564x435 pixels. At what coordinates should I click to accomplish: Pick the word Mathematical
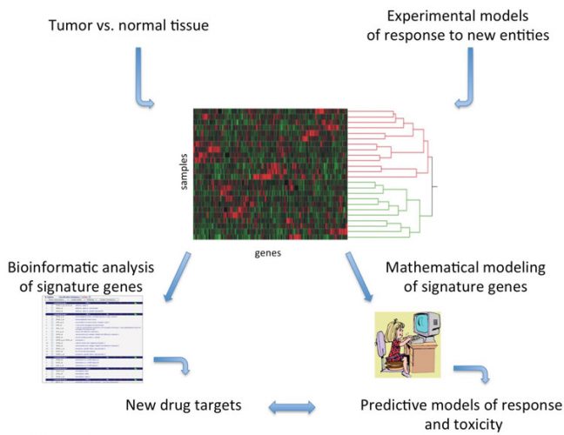point(408,265)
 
